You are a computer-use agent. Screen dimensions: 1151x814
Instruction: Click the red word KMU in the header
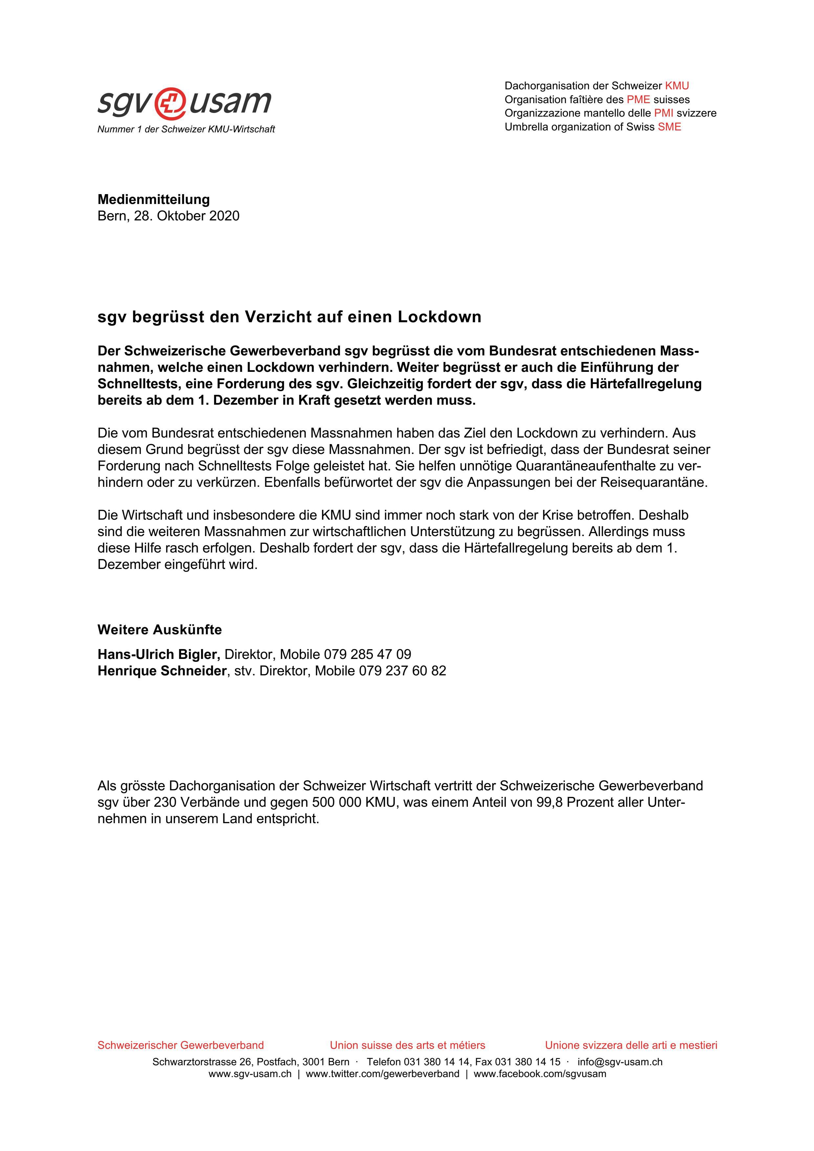(677, 86)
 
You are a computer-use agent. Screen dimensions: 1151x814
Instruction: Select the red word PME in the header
(638, 99)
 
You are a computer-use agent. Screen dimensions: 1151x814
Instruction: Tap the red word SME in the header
(669, 127)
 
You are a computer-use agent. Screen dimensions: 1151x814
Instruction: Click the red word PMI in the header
(664, 113)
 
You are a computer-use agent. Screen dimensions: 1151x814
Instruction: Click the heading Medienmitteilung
(153, 199)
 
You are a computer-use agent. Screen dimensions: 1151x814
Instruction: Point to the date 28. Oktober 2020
(187, 216)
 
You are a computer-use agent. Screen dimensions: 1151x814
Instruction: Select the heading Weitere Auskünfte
(159, 630)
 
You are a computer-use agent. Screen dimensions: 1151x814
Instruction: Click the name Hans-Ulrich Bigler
(158, 654)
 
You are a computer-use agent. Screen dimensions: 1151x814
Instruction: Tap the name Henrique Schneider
(162, 671)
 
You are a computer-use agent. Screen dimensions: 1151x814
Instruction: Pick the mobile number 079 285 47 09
(367, 654)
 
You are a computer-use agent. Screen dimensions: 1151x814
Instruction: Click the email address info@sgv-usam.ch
(620, 1062)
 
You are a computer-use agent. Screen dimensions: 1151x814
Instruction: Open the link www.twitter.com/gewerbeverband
(383, 1074)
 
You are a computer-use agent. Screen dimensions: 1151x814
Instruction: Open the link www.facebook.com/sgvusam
(540, 1074)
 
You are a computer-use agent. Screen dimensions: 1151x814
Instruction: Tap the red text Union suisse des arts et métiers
(407, 1045)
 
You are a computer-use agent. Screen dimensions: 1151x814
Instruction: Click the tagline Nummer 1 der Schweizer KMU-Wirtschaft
(186, 129)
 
